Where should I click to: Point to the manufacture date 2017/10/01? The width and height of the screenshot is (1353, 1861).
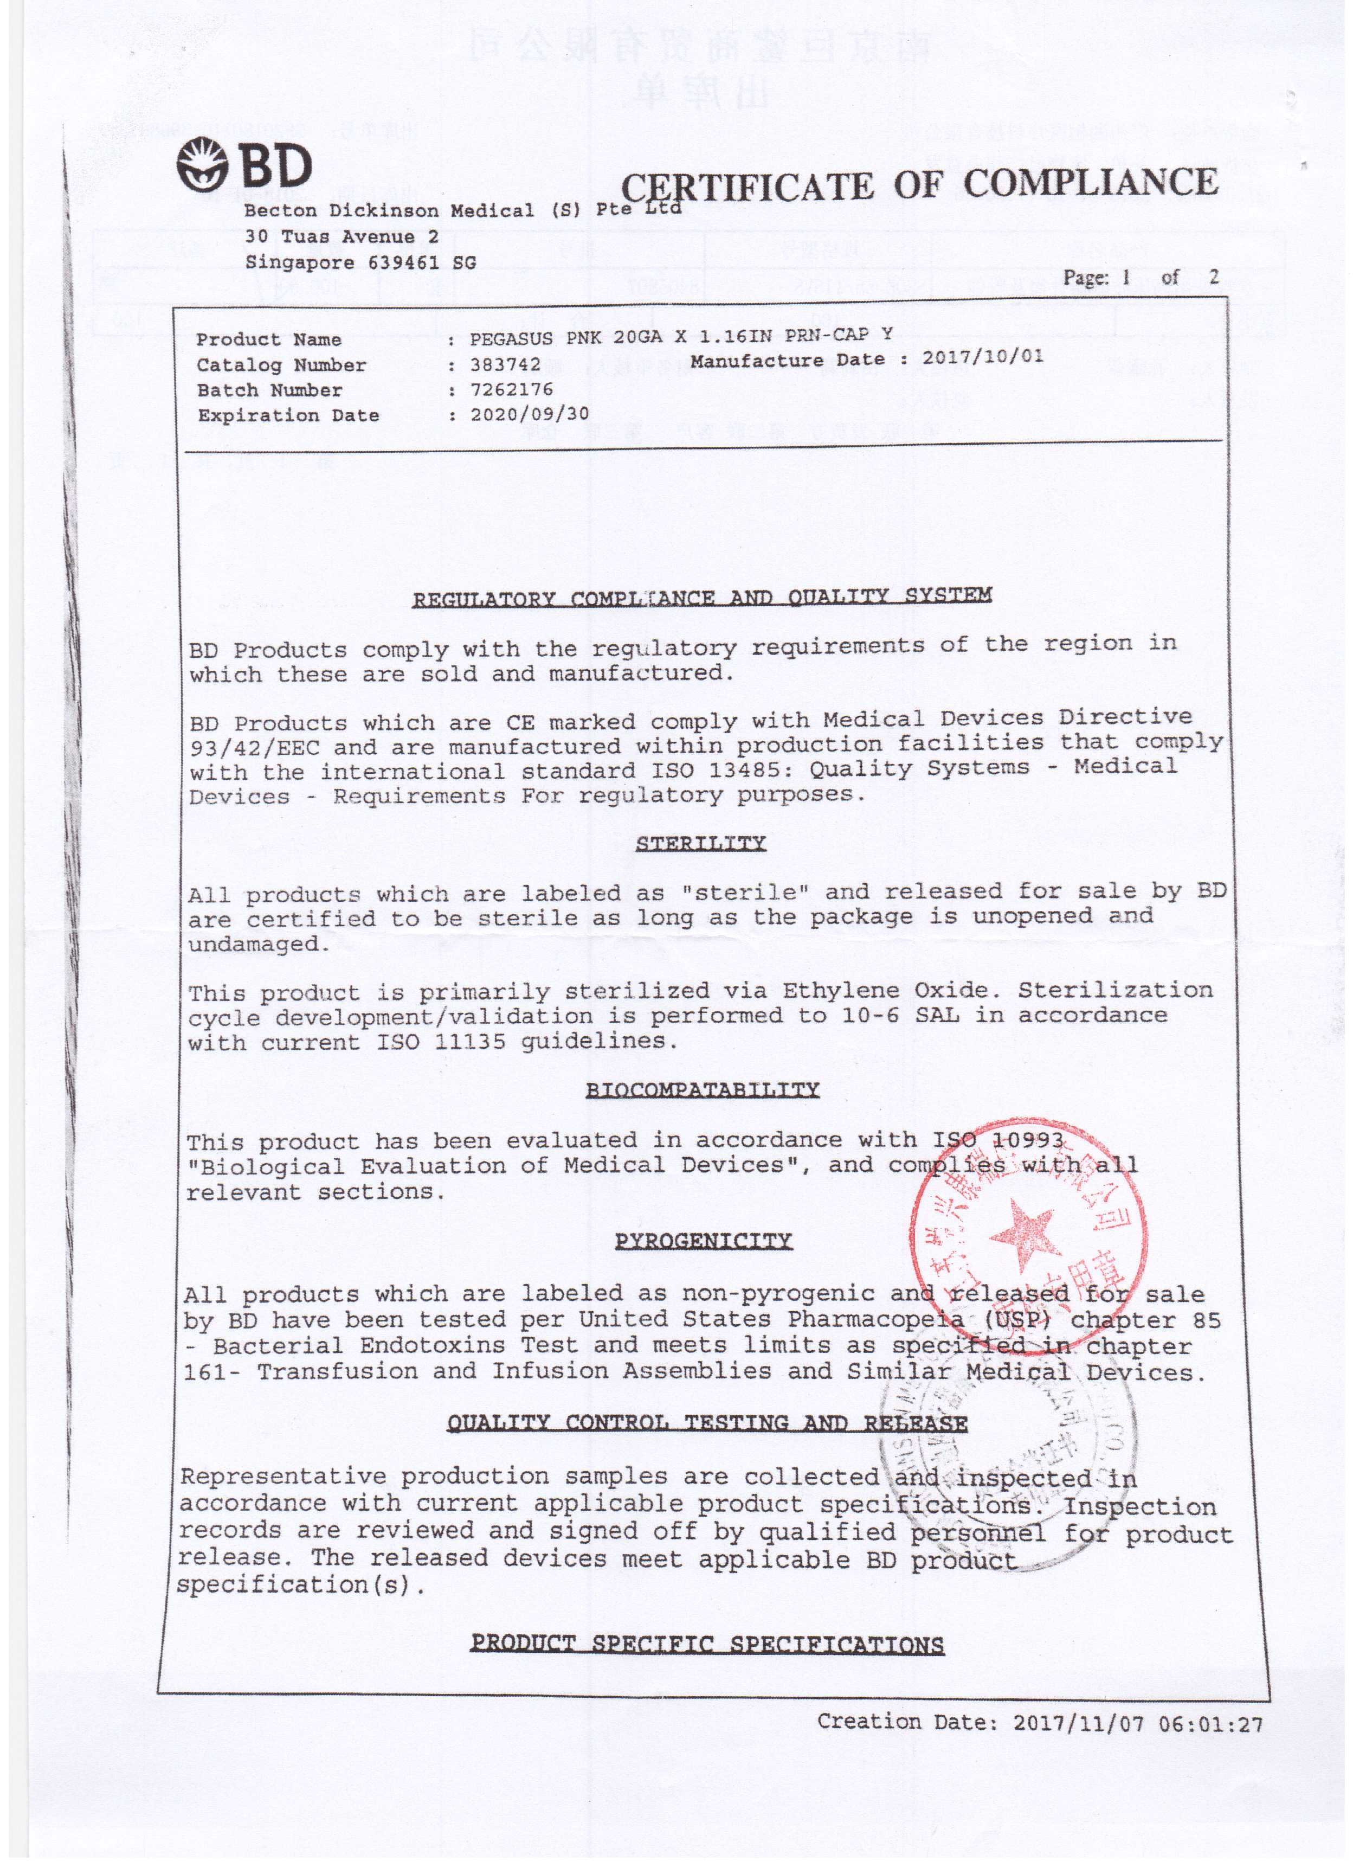982,358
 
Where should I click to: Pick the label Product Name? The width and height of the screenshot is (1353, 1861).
269,339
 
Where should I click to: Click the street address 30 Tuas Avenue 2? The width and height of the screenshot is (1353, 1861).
342,237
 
